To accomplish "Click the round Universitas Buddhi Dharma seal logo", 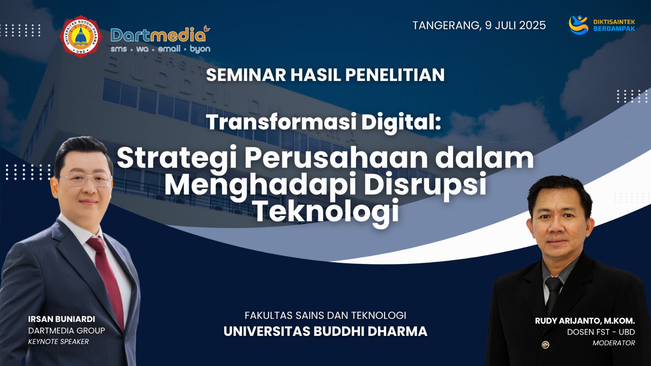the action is (x=81, y=36).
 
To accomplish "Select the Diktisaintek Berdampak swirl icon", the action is (x=578, y=25).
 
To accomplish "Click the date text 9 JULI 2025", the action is (x=515, y=25).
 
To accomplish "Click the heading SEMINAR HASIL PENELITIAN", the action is (x=325, y=75).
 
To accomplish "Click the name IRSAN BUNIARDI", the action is (x=61, y=319).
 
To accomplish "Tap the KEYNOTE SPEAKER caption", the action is (x=59, y=342).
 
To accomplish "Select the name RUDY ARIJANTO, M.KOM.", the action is (x=585, y=321).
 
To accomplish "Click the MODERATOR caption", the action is (x=614, y=343).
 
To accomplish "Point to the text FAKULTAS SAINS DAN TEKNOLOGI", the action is (x=325, y=316).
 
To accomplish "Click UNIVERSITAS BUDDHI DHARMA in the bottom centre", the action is (x=325, y=331).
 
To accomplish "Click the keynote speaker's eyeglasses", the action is (x=86, y=179).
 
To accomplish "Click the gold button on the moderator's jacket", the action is (x=546, y=345).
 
